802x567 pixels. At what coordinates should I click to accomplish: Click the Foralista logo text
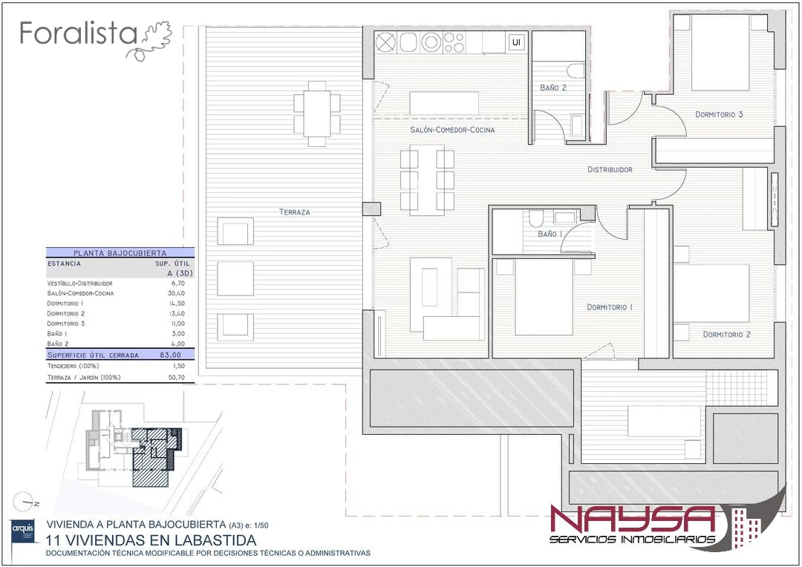click(78, 33)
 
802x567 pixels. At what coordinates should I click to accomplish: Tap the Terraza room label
click(295, 212)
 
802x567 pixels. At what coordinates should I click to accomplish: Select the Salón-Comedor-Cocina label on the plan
click(453, 130)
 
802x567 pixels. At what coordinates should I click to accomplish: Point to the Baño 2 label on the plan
click(553, 88)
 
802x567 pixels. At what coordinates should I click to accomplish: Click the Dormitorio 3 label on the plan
click(719, 114)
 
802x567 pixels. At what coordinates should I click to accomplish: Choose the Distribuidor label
click(610, 169)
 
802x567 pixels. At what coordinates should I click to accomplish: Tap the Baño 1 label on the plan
click(550, 234)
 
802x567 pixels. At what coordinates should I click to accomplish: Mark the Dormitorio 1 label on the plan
click(610, 307)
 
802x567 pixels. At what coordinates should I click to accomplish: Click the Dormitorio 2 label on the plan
click(726, 335)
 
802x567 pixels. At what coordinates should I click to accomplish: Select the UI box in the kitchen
click(516, 42)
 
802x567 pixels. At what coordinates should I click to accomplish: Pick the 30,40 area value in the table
click(177, 293)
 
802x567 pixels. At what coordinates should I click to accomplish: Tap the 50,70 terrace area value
click(177, 378)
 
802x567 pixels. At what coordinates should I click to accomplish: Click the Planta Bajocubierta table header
click(120, 252)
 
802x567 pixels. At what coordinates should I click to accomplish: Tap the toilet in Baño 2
click(576, 71)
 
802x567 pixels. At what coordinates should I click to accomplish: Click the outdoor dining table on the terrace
click(317, 114)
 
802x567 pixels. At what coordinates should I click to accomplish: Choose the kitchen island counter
click(444, 102)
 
